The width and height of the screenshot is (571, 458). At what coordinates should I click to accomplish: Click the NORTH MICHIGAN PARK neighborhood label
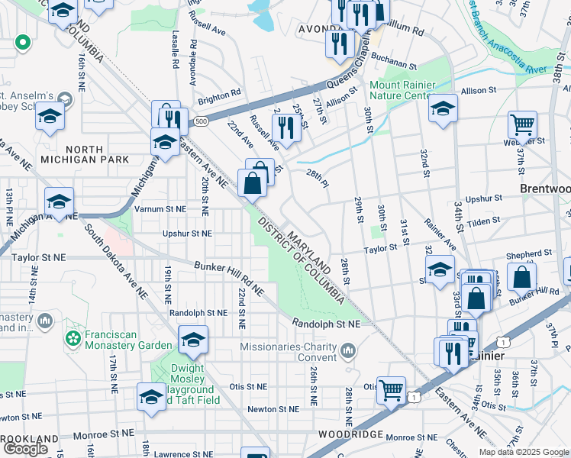tap(80, 153)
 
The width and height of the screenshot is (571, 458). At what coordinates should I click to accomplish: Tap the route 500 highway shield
tap(201, 121)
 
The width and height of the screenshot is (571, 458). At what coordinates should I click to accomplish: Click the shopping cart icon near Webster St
tap(522, 124)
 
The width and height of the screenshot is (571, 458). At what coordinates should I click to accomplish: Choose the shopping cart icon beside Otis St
tap(392, 389)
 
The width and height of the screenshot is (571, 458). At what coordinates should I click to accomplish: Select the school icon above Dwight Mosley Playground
tap(193, 339)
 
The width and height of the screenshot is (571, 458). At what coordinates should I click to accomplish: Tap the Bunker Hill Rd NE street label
tap(228, 279)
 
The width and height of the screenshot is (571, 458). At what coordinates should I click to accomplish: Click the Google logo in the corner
tap(25, 449)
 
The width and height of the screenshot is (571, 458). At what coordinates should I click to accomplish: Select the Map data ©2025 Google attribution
tap(523, 452)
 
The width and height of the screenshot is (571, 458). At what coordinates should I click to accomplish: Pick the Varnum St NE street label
tap(160, 208)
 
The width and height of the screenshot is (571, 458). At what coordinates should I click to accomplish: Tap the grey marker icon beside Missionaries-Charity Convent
tap(349, 352)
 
